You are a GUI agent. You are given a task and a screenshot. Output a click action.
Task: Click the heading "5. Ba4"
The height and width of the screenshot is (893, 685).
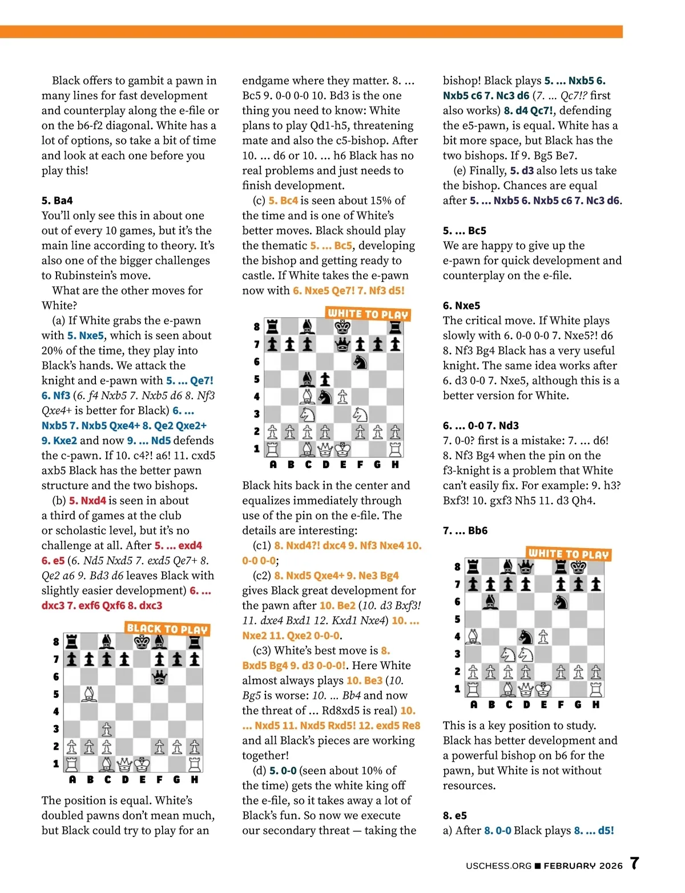coord(57,200)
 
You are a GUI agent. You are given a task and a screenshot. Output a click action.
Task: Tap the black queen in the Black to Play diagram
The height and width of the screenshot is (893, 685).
coord(160,677)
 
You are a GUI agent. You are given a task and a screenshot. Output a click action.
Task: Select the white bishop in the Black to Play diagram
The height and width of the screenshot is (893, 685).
coord(90,694)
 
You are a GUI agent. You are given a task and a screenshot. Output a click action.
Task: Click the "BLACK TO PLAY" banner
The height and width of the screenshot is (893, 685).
coord(167,629)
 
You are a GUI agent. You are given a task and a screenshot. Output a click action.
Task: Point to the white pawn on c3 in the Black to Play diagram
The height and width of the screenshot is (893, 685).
coord(107,729)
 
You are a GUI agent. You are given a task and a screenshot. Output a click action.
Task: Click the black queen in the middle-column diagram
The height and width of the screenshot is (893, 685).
coord(342,344)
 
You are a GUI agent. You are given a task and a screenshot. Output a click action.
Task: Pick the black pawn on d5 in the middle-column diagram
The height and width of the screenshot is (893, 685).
coord(325,379)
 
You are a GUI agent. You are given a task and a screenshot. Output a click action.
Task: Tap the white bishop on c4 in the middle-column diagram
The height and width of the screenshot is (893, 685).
coord(308,396)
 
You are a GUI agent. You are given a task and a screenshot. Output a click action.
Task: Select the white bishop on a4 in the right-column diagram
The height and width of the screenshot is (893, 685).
coord(473,636)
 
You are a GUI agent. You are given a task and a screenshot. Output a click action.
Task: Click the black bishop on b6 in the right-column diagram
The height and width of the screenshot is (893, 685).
coord(491,601)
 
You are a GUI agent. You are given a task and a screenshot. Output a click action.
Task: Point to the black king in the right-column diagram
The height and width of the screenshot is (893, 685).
coord(578,566)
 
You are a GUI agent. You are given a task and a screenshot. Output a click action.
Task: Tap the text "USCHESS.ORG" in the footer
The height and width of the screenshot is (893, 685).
coord(498,866)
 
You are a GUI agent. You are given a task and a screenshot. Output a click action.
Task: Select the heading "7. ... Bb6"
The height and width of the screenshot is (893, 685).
coord(465,530)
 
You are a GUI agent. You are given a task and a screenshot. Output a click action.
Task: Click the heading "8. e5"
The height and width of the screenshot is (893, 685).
coord(455,815)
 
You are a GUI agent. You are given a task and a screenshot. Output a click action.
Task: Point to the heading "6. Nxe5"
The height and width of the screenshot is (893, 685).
coord(461,305)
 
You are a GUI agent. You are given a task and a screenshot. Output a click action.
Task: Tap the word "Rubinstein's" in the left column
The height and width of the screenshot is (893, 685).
coord(89,275)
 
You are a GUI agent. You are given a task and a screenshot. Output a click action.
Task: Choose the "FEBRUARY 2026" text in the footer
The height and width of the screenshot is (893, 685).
coord(583,866)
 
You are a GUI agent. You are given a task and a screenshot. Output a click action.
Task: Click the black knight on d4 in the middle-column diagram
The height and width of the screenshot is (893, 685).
coord(325,396)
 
